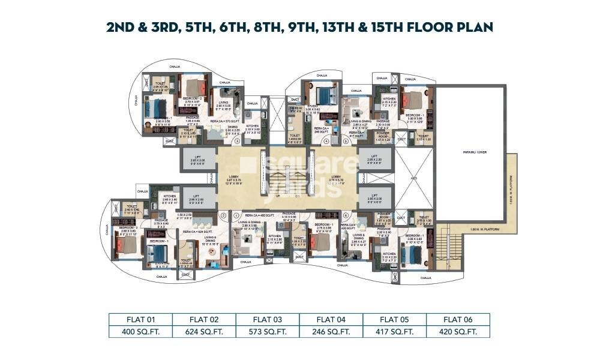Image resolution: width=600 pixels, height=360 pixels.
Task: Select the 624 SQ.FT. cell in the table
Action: coord(204,331)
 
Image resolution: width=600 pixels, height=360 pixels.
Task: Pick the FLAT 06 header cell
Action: coord(458,319)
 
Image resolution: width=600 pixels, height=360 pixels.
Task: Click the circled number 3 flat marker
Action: coord(237,142)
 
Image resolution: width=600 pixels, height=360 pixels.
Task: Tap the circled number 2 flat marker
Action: coord(223,214)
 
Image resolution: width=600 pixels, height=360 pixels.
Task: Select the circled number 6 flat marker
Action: coord(346,214)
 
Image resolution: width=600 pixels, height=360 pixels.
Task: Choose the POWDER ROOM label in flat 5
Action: coord(382,135)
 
